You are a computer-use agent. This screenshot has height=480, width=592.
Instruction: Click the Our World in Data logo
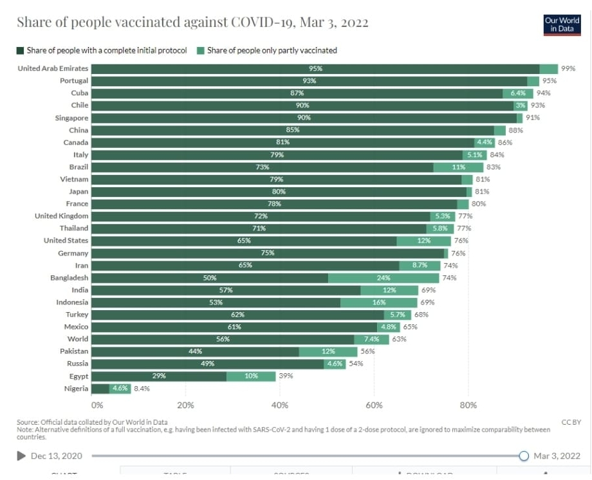click(562, 24)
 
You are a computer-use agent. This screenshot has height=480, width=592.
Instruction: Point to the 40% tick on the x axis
click(280, 405)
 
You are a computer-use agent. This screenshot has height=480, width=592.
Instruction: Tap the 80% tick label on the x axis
click(468, 405)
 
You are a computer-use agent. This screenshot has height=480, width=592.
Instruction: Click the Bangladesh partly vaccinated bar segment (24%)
click(384, 278)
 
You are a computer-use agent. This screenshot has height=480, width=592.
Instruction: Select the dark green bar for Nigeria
click(100, 388)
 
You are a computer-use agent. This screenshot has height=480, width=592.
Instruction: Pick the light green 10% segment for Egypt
click(251, 376)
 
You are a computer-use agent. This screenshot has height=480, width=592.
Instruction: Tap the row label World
click(78, 339)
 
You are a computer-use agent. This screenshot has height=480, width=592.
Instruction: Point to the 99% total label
click(568, 69)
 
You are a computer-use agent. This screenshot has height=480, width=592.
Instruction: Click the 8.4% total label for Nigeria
click(142, 388)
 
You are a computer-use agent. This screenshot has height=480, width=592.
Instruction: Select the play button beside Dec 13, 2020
click(21, 456)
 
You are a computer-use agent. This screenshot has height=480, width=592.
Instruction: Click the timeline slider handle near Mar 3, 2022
click(524, 456)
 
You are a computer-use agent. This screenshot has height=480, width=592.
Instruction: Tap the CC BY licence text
click(571, 422)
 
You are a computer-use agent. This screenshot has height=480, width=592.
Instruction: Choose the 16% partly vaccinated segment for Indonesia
click(379, 302)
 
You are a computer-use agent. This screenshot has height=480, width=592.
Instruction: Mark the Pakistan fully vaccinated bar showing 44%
click(195, 351)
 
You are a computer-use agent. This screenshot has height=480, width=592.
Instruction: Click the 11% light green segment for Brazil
click(458, 167)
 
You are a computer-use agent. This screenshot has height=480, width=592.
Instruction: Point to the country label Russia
click(77, 364)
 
